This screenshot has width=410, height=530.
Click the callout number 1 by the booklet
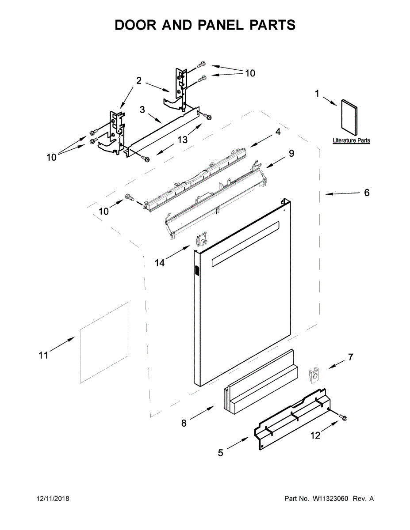click(317, 93)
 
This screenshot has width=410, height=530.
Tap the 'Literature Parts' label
click(351, 140)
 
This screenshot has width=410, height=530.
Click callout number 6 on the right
click(367, 193)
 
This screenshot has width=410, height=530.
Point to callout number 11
click(43, 355)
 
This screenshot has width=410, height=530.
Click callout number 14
click(160, 263)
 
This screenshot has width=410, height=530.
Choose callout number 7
click(351, 357)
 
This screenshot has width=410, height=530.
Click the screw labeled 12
click(344, 417)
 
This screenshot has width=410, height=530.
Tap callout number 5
click(221, 453)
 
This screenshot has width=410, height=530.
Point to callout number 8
click(184, 423)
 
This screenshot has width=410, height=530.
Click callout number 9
click(291, 153)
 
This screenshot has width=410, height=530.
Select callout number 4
click(278, 132)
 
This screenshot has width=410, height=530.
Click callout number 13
click(183, 140)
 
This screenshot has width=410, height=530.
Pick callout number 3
click(142, 110)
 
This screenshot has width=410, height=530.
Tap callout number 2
click(138, 81)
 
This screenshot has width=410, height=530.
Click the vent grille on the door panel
click(197, 270)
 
